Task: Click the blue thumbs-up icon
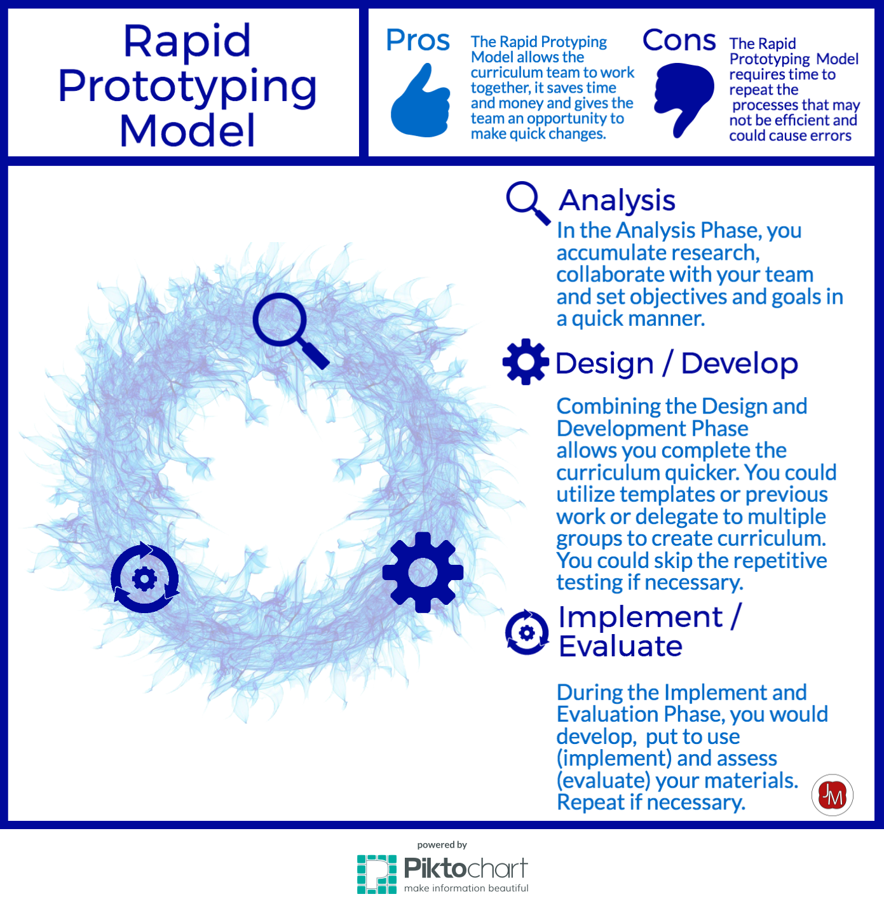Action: click(421, 102)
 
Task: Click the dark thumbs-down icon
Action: click(683, 98)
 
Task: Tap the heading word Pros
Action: click(418, 40)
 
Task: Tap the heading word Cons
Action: click(679, 40)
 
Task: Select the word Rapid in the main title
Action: click(187, 43)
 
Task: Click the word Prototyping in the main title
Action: click(187, 87)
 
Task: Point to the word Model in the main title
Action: click(187, 131)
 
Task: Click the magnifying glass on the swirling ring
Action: click(290, 330)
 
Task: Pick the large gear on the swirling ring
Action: click(423, 572)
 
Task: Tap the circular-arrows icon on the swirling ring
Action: click(144, 578)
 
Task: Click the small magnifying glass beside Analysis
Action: click(527, 203)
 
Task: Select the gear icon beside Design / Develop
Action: click(526, 362)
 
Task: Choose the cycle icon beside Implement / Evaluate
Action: click(527, 632)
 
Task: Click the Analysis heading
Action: click(616, 201)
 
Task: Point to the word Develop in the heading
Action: click(739, 363)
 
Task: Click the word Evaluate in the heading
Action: click(620, 646)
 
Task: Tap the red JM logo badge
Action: click(833, 795)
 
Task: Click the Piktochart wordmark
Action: click(465, 869)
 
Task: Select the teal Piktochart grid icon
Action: click(377, 874)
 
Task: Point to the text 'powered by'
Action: click(442, 845)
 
